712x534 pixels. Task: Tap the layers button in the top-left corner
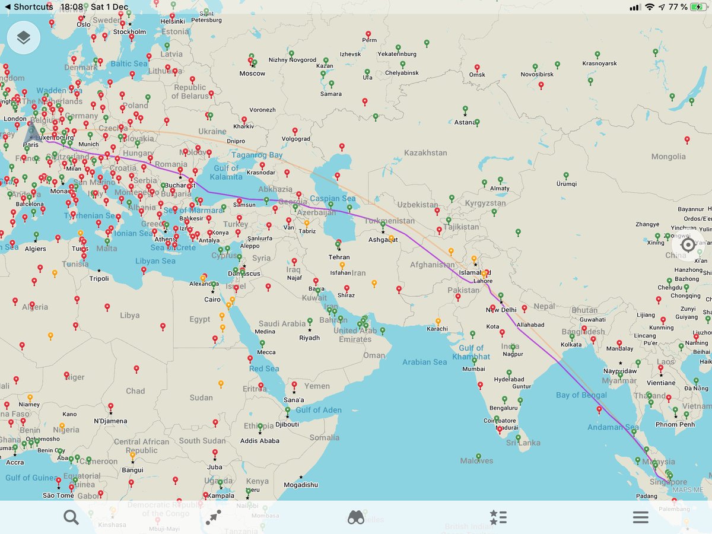click(x=24, y=38)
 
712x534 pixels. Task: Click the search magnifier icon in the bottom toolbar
click(x=71, y=517)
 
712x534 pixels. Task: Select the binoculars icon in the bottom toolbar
click(x=356, y=517)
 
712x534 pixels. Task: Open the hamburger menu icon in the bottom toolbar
click(x=640, y=517)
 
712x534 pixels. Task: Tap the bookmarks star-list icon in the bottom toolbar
click(x=498, y=517)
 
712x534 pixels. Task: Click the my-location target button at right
click(x=688, y=244)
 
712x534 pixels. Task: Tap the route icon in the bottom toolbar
click(x=214, y=517)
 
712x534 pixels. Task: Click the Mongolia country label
click(x=668, y=157)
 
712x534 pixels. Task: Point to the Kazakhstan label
click(x=425, y=153)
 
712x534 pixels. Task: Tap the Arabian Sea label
click(x=424, y=362)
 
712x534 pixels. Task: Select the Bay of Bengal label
click(x=581, y=395)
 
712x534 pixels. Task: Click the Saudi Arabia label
click(x=282, y=324)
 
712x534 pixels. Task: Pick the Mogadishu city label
click(x=301, y=485)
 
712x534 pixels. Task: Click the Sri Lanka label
click(x=523, y=443)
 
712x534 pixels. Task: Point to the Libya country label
click(x=129, y=316)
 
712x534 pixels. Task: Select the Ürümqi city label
click(x=566, y=184)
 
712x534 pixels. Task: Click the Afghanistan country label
click(x=433, y=265)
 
